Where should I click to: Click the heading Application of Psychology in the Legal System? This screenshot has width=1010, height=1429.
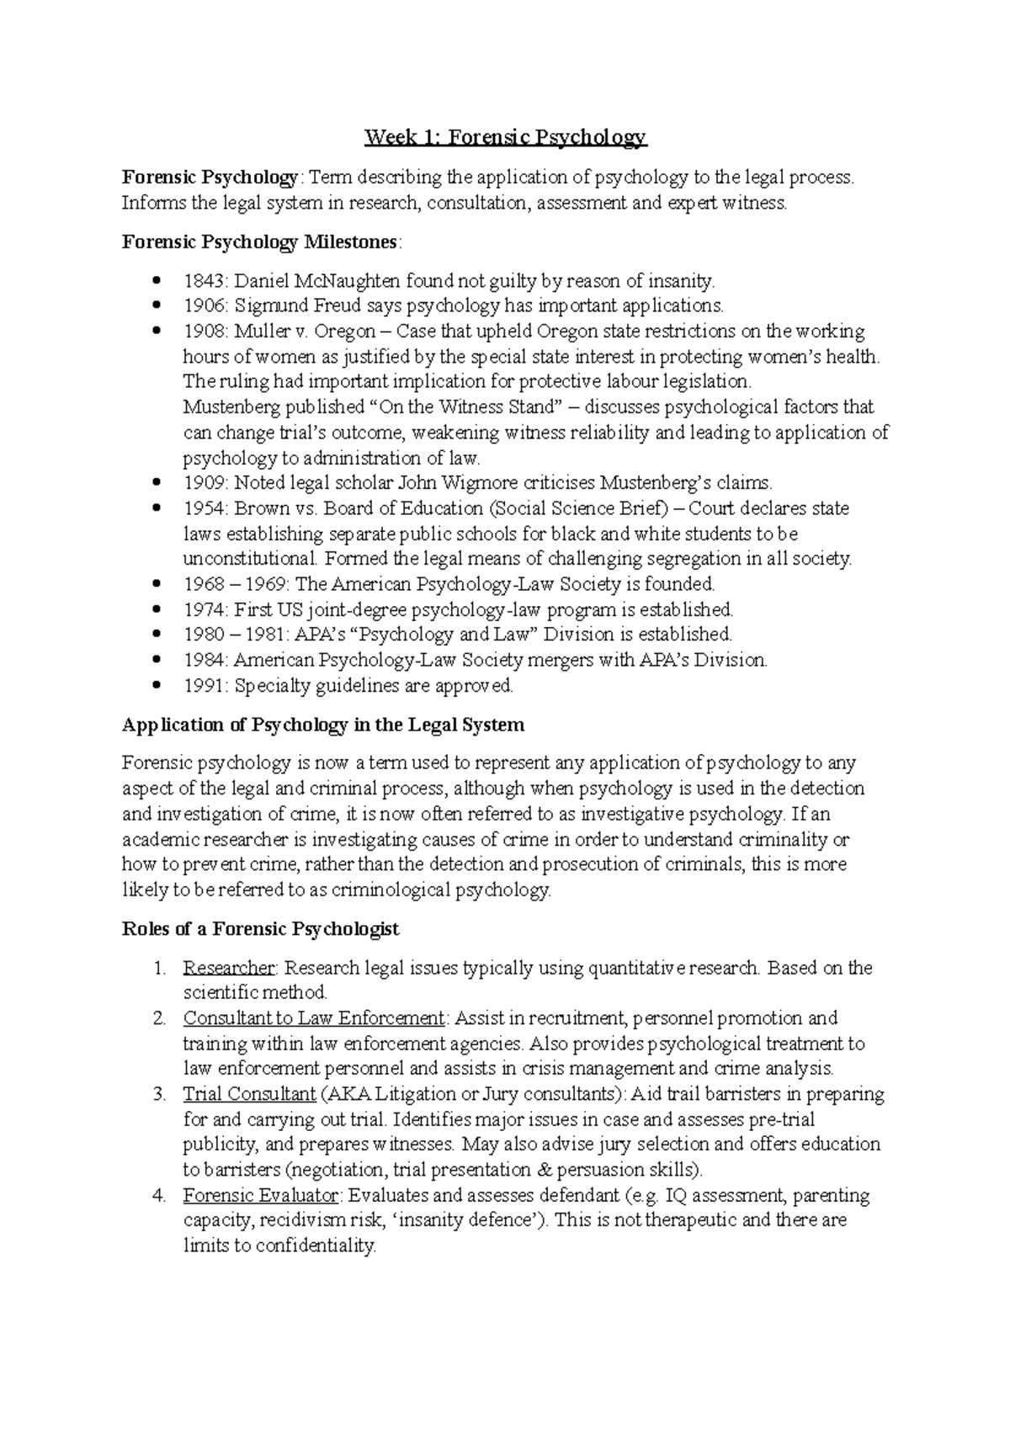(x=322, y=725)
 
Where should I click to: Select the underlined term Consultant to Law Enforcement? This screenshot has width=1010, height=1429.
(x=313, y=1018)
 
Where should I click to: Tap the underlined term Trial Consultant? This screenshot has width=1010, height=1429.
(x=249, y=1095)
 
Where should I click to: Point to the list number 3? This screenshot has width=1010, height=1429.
(x=159, y=1095)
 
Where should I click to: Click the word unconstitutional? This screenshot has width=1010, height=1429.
(x=250, y=559)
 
